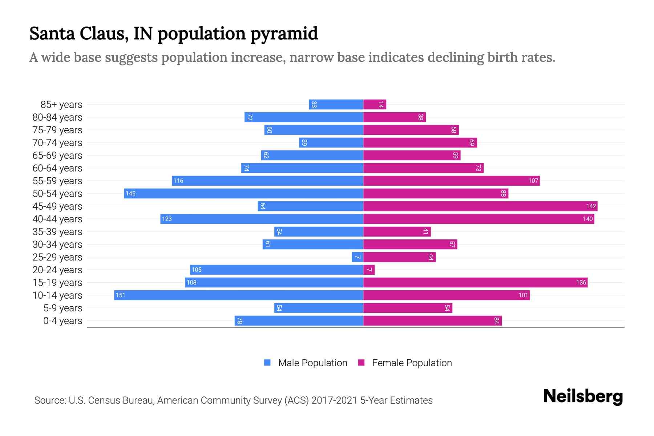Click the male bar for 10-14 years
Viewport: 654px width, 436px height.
239,295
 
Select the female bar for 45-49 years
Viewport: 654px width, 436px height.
480,206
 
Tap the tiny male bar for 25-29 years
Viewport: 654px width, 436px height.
358,257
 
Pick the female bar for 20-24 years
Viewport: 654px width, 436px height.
369,270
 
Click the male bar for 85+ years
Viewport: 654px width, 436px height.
336,105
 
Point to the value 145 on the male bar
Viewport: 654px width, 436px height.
130,194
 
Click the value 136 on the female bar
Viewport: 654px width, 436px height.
581,283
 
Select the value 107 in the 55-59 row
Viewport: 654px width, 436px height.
533,181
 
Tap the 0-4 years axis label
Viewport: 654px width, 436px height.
62,321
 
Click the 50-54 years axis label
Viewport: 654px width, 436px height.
57,194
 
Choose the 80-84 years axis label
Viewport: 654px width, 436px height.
57,117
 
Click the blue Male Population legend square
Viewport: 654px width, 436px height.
267,363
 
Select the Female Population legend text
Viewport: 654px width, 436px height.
412,363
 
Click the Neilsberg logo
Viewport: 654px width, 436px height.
583,396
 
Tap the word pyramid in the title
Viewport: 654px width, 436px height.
284,33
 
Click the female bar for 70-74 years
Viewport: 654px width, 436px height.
420,143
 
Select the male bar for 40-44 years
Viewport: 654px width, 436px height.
262,219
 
